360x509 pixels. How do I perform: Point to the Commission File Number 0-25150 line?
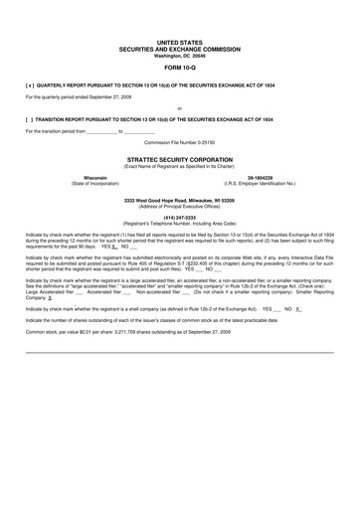click(179, 142)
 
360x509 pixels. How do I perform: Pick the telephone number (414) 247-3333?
click(179, 218)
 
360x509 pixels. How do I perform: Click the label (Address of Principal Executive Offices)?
click(179, 206)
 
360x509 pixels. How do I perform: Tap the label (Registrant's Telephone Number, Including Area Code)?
click(179, 224)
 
